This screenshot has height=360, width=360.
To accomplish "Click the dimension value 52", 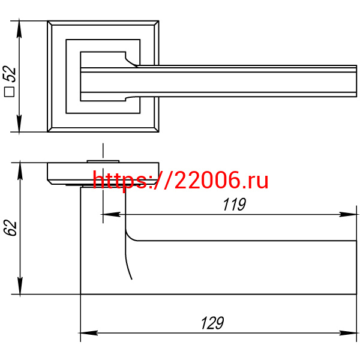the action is [x=10, y=74].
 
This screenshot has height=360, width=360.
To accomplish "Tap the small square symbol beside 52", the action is [x=9, y=92].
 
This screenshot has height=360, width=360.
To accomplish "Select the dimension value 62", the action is [x=11, y=227].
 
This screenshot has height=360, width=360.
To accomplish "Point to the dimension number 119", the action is [x=234, y=204].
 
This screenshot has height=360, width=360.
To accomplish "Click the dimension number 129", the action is [x=212, y=323].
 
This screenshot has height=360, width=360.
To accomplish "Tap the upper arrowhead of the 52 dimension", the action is [x=19, y=29].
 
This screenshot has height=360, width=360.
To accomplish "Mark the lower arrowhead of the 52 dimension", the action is [x=19, y=124].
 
